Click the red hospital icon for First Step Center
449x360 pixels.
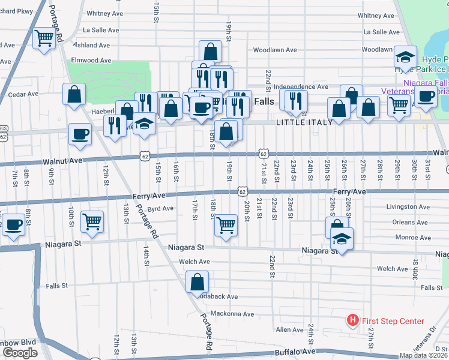point(353,321)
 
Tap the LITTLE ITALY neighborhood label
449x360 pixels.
point(300,122)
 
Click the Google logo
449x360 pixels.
point(20,353)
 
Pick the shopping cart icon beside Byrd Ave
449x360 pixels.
point(92,222)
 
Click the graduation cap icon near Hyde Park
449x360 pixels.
point(406,58)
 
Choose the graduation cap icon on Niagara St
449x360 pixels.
point(342,238)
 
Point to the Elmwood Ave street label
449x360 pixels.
point(91,61)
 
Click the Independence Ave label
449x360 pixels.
point(301,87)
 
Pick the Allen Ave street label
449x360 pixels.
point(289,330)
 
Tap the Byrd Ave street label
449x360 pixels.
point(160,209)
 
